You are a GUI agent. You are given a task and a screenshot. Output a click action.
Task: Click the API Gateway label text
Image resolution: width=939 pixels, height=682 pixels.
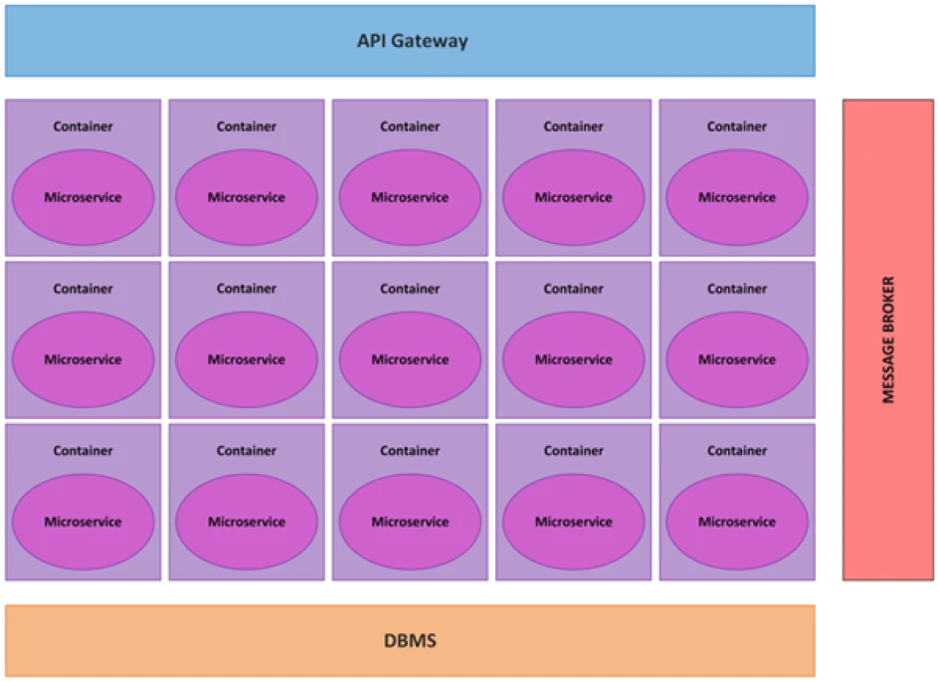click(412, 42)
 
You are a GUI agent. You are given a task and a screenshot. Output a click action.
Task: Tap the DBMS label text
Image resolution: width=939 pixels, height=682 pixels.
click(410, 640)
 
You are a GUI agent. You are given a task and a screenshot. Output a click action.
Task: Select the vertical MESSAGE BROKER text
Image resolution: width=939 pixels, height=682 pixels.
click(889, 340)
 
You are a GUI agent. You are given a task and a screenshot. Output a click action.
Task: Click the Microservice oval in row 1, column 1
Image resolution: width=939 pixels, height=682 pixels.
click(83, 197)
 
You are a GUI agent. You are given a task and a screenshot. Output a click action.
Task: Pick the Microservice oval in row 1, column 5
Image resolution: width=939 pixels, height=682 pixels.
click(737, 197)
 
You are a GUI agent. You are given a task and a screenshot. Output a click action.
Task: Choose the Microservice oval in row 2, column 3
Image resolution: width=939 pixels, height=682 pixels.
click(410, 359)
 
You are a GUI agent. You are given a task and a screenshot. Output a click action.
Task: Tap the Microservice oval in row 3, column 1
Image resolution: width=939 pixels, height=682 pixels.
click(83, 522)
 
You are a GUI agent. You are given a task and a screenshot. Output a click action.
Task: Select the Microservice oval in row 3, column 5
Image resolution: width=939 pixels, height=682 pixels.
click(737, 522)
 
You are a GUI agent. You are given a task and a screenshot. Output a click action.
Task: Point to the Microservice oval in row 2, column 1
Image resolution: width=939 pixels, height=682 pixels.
click(83, 359)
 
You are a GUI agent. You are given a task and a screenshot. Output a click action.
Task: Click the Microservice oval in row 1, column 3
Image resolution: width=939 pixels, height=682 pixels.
click(410, 197)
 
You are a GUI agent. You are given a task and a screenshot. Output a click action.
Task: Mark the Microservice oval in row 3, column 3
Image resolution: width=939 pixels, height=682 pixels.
click(410, 522)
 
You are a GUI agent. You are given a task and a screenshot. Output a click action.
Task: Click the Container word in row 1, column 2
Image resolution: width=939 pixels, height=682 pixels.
click(247, 126)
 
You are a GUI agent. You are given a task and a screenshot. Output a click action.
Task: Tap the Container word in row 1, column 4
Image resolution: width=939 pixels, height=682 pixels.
click(574, 126)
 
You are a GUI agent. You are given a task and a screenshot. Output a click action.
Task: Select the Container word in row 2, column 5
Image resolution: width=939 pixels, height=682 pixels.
click(737, 289)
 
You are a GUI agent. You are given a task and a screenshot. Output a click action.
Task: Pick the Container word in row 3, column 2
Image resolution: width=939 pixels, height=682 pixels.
click(247, 451)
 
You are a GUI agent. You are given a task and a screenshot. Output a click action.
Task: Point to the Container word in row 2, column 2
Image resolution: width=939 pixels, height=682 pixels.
click(247, 289)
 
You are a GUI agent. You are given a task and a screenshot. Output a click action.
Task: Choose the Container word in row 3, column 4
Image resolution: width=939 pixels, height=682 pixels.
click(574, 451)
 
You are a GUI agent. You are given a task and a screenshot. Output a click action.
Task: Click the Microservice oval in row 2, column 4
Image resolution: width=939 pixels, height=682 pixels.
click(574, 359)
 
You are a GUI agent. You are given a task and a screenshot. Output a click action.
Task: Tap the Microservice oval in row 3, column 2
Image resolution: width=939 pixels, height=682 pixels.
click(247, 522)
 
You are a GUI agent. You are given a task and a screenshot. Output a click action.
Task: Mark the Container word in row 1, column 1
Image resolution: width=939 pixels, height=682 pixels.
click(83, 126)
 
